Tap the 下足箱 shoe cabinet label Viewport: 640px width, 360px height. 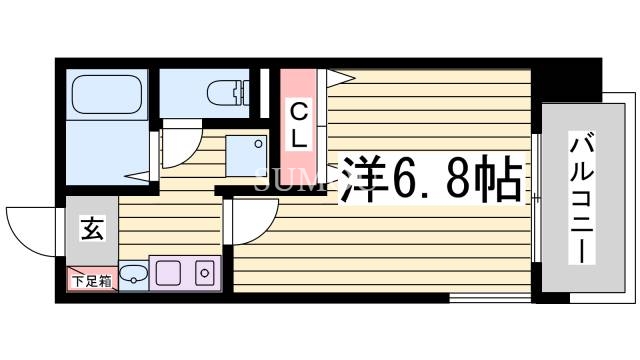pyautogui.click(x=92, y=281)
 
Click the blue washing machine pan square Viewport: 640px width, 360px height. pyautogui.click(x=246, y=154)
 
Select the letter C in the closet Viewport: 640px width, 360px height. pyautogui.click(x=299, y=108)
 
